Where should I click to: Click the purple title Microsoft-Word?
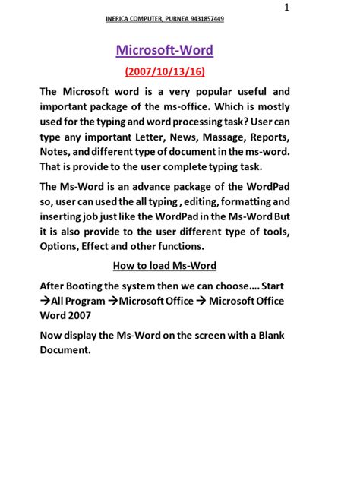click(x=164, y=51)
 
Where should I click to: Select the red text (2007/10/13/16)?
click(x=164, y=71)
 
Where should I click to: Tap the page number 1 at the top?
click(x=286, y=8)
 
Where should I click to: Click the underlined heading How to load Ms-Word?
click(x=164, y=266)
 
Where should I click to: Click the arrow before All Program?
click(x=45, y=301)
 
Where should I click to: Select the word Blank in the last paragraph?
click(x=264, y=336)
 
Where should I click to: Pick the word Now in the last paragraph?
click(x=52, y=336)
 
